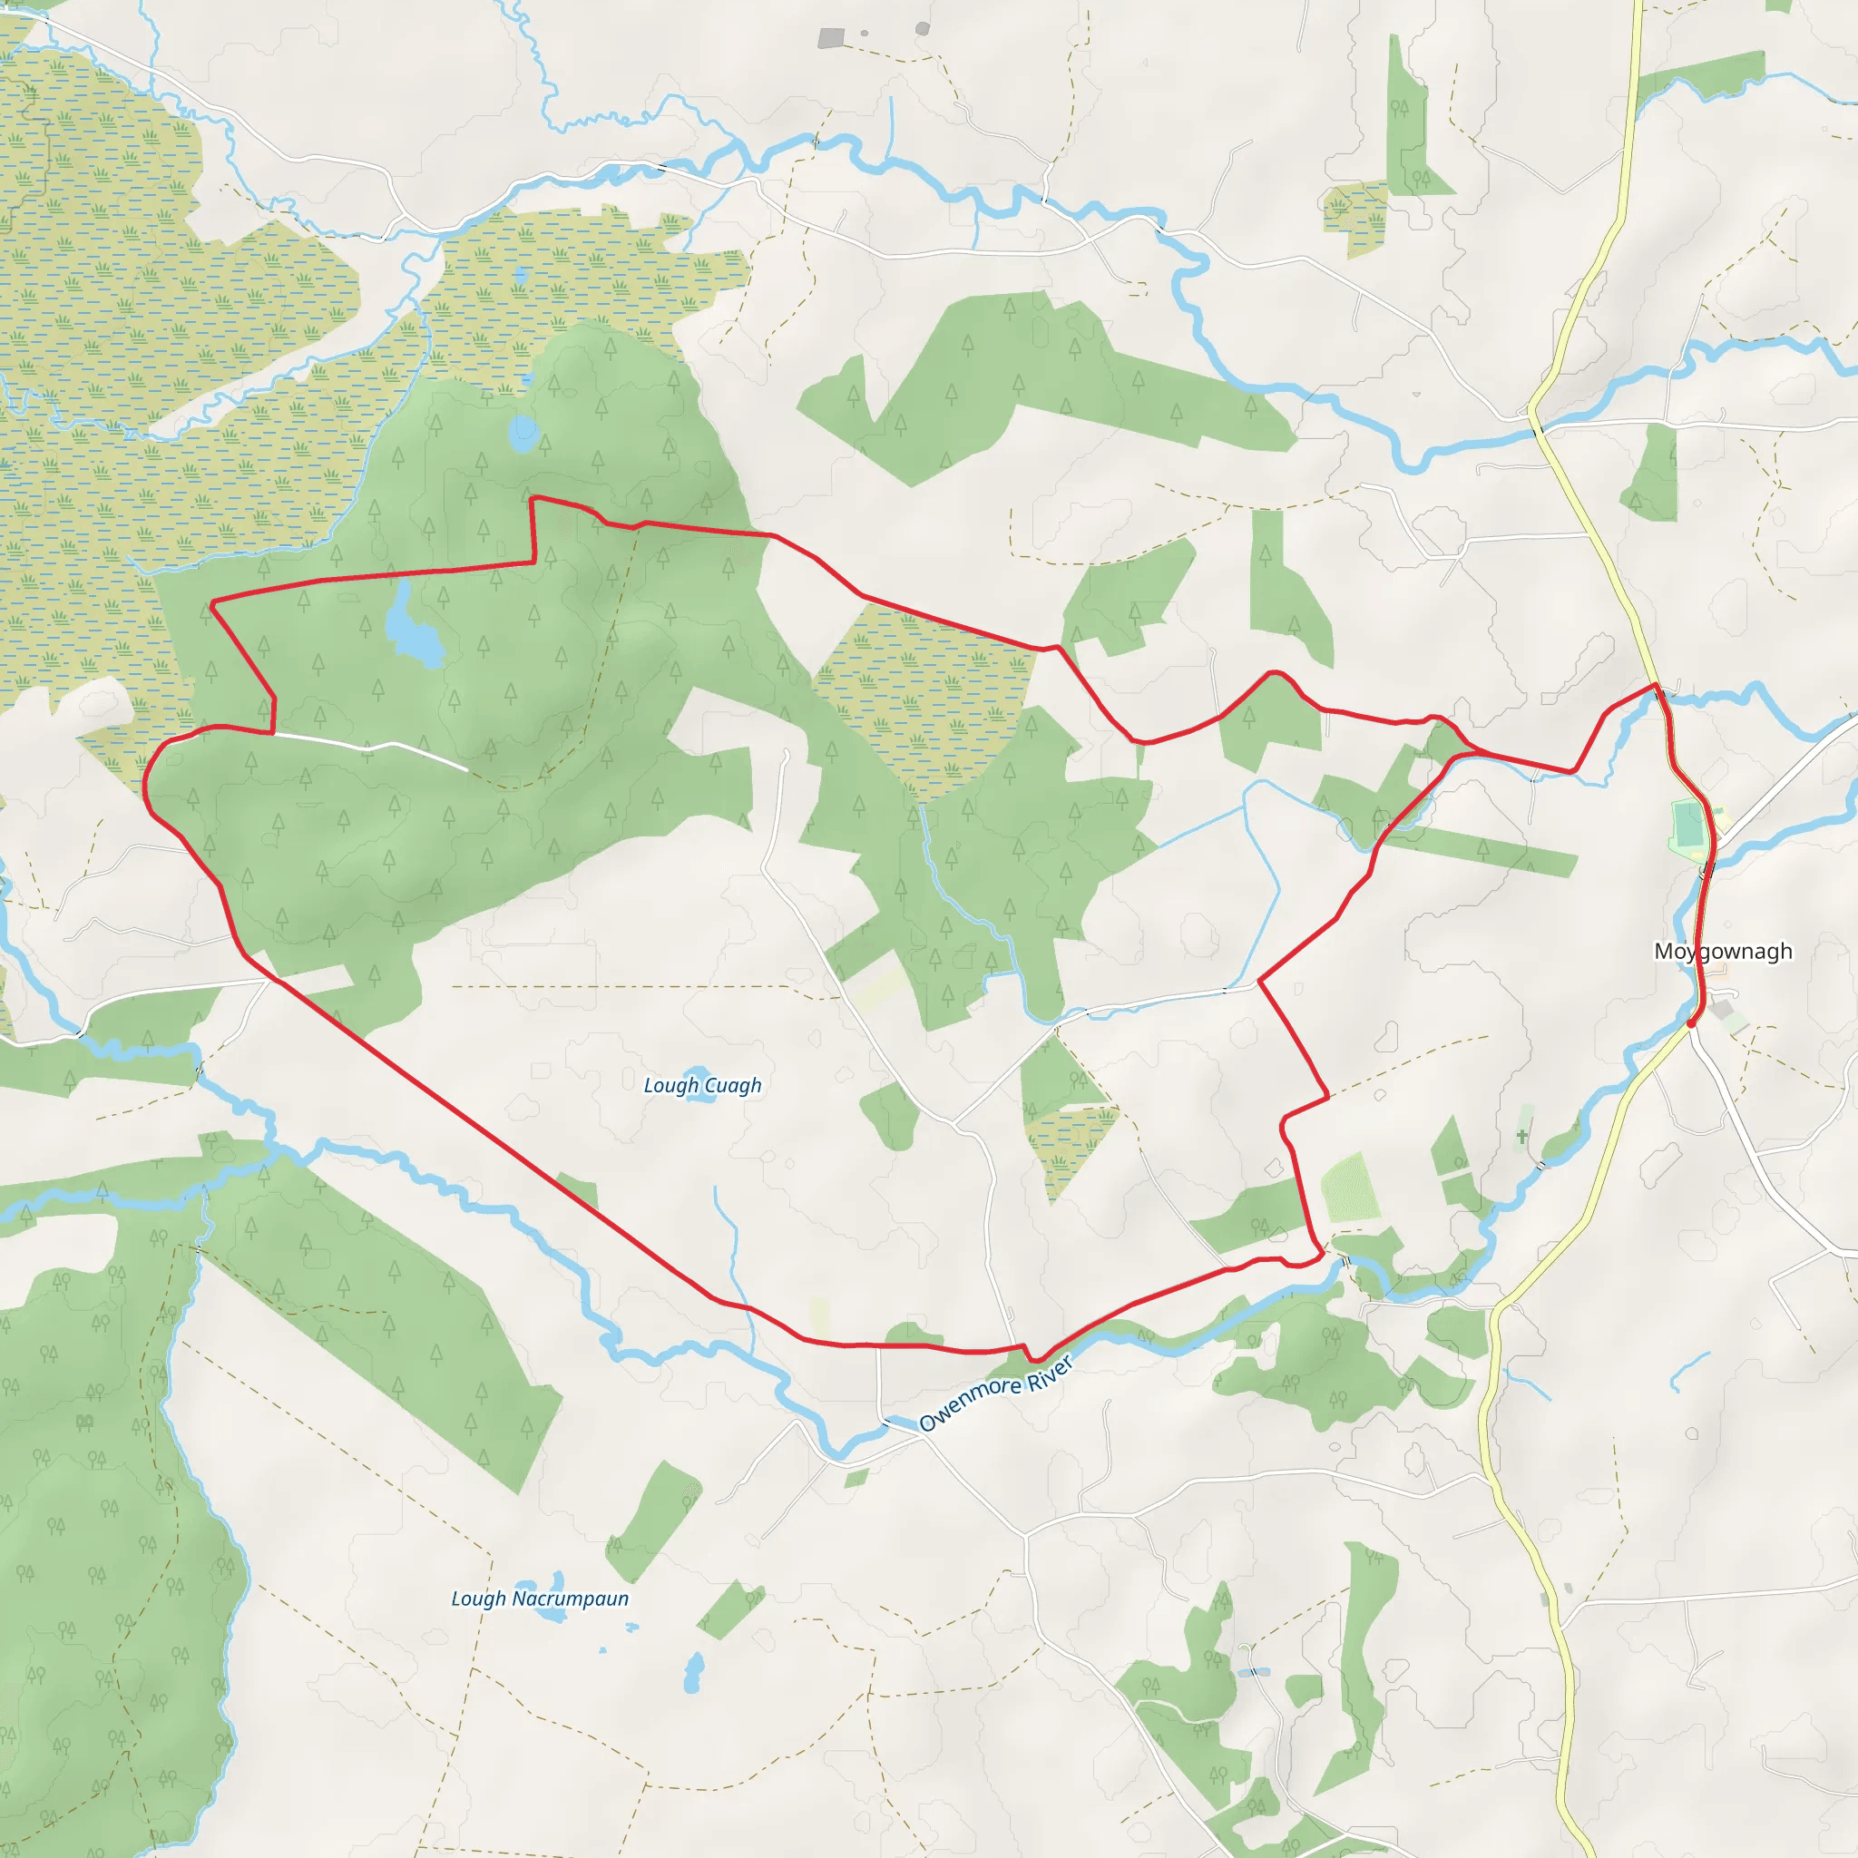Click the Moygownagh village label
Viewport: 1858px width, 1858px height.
[x=1723, y=951]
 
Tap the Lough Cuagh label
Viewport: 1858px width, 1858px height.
[x=702, y=1085]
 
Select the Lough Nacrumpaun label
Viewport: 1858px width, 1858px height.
[x=540, y=1599]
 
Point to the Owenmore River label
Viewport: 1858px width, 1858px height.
[x=994, y=1394]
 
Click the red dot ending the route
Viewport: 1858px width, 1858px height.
[x=1691, y=1023]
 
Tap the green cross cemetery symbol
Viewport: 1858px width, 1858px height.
[x=1521, y=1137]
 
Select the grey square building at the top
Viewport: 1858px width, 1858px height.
[x=831, y=38]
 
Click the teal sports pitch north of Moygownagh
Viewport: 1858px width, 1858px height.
[x=1687, y=826]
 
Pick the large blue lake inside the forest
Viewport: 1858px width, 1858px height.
[x=414, y=630]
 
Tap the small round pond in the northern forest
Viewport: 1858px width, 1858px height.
[x=523, y=434]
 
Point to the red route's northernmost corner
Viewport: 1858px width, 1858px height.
[x=533, y=498]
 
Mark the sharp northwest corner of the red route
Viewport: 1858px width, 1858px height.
[x=211, y=603]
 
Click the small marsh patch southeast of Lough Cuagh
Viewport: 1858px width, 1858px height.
[x=1068, y=1144]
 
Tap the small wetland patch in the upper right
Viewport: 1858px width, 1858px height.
[x=1355, y=213]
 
